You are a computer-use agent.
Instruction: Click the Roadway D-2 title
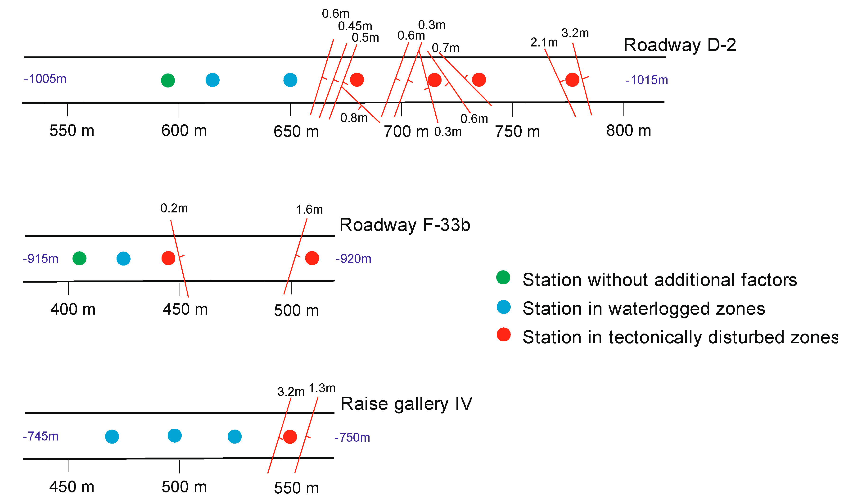679,45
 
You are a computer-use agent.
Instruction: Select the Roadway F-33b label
404,225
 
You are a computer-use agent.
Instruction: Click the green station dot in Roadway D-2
168,80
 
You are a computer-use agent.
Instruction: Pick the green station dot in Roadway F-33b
79,258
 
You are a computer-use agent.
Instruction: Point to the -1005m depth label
45,79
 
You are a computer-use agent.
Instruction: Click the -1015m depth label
646,80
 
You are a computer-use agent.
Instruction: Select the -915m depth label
41,259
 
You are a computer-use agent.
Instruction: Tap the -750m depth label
352,437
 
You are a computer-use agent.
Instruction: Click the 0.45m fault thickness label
355,26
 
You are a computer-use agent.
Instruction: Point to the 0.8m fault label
354,118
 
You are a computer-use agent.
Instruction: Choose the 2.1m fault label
544,42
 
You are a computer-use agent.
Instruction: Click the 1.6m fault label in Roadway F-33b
309,210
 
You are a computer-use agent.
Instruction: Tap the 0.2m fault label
174,208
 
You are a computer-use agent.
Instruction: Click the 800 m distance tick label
628,130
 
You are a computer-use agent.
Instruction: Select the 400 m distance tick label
73,309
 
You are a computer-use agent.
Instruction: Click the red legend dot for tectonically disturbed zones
503,334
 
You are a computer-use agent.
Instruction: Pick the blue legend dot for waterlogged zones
503,307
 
